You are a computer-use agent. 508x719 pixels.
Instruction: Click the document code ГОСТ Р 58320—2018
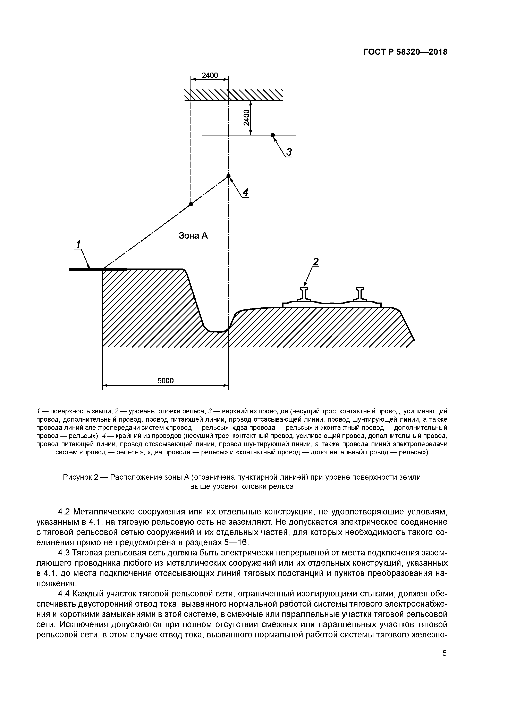405,52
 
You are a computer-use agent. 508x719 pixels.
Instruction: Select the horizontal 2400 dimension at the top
209,75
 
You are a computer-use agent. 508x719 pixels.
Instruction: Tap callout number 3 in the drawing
289,152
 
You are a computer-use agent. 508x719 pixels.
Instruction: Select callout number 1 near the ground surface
78,244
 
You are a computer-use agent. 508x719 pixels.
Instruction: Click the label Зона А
193,235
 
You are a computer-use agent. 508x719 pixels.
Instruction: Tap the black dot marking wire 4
228,176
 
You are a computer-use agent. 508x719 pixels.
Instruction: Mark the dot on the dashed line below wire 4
191,204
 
